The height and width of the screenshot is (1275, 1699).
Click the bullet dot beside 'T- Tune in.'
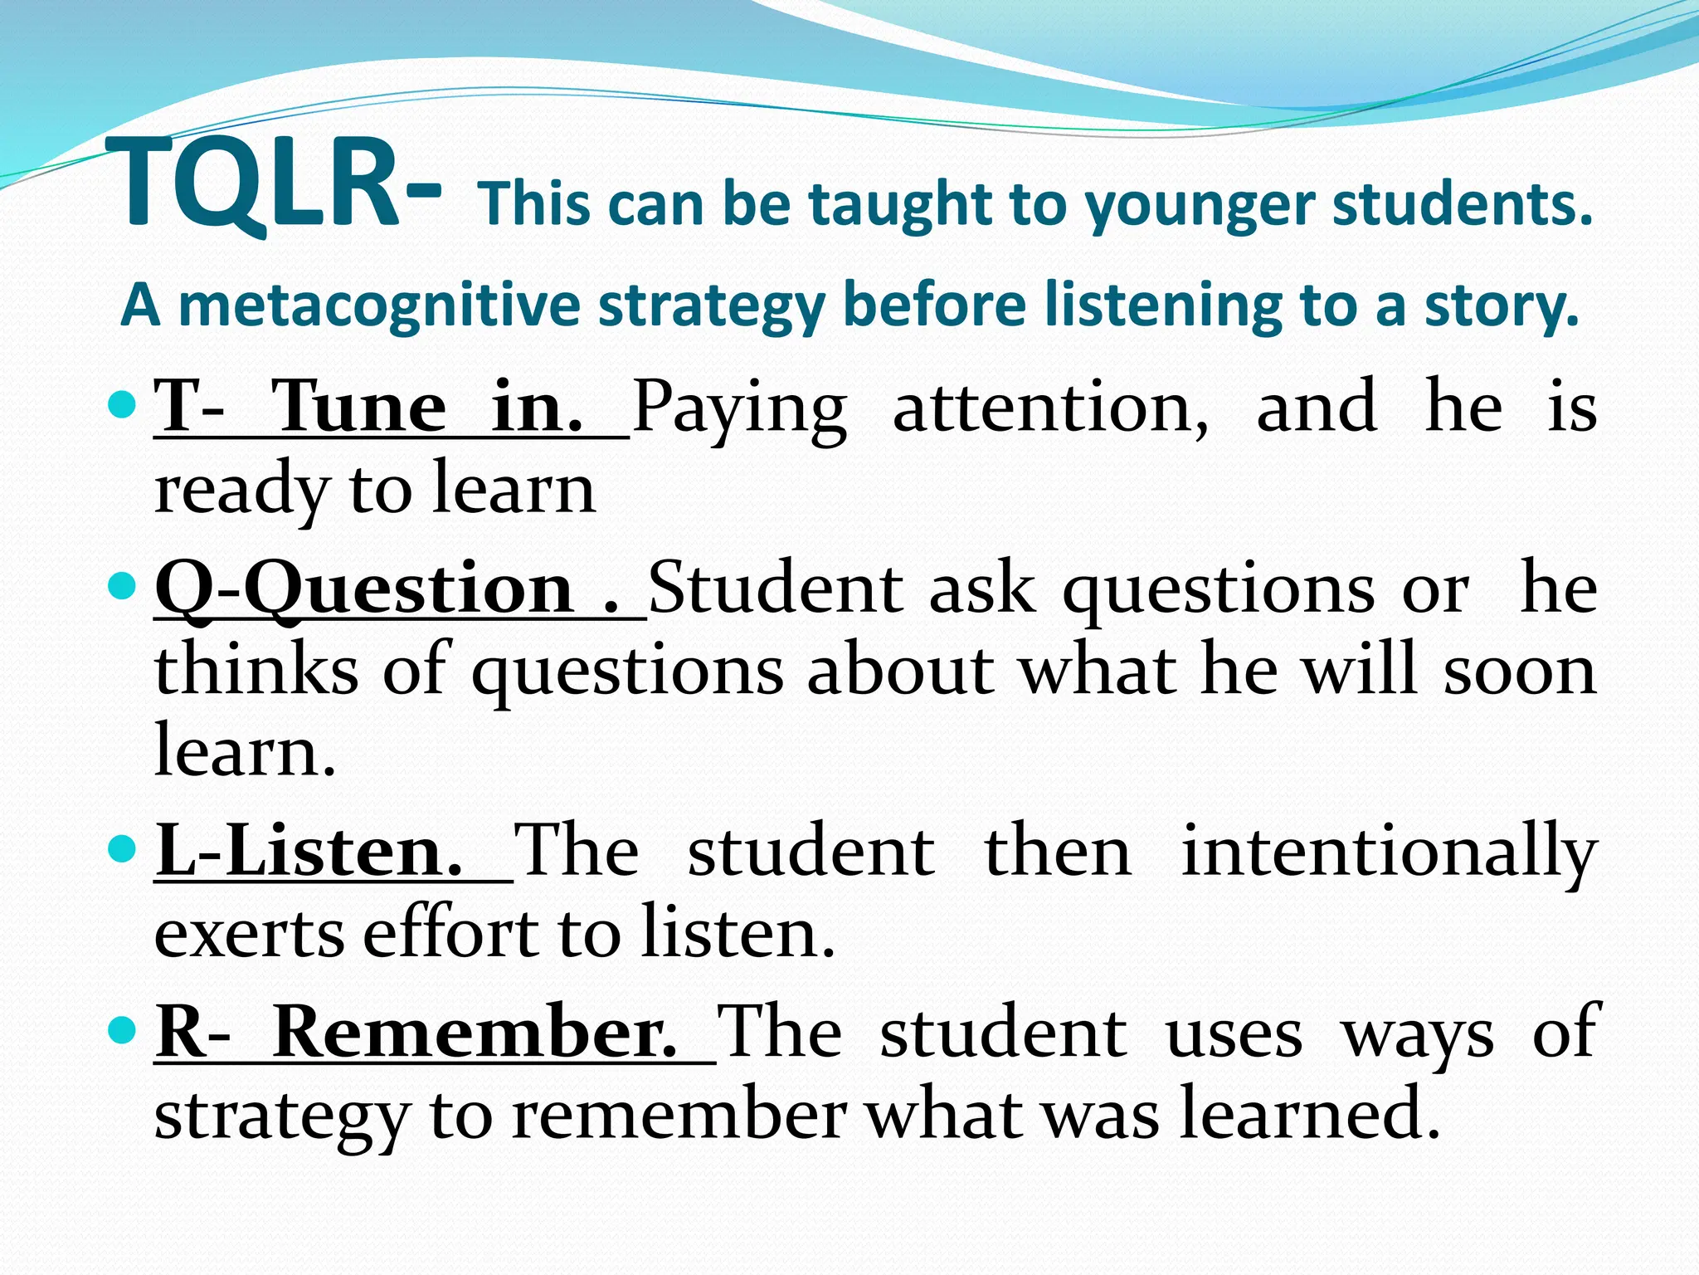click(121, 406)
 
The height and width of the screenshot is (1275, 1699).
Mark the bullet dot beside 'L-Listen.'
click(121, 849)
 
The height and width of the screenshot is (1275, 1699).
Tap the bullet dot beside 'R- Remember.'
click(121, 1030)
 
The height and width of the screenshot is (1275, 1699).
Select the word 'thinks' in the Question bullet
click(257, 670)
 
